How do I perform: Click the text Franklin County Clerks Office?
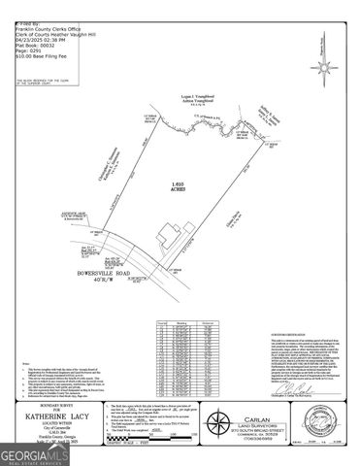39,9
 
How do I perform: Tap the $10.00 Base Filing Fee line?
33,43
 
